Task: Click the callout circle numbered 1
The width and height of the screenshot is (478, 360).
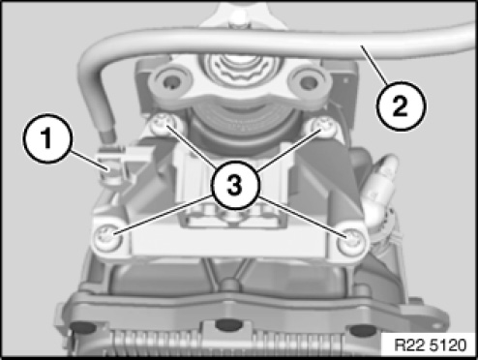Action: (46, 138)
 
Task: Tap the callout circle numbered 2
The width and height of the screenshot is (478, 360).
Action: (401, 105)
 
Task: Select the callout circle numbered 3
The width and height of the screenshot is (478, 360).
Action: (235, 185)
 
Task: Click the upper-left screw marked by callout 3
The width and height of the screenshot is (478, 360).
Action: (163, 124)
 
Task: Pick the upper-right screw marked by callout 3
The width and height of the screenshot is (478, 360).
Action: (322, 127)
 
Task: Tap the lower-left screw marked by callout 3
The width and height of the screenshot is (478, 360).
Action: (107, 239)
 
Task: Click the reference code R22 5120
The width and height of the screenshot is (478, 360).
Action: (431, 345)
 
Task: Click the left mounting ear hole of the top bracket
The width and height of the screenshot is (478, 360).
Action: (170, 82)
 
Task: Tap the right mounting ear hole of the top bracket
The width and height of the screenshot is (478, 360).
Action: (308, 82)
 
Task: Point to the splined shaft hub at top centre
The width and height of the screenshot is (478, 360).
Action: (238, 66)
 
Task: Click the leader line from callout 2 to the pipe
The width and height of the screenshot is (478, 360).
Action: (373, 64)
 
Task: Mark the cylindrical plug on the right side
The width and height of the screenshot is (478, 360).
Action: (380, 187)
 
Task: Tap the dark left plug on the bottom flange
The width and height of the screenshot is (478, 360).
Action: (83, 327)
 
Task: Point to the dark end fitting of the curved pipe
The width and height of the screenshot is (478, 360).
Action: (107, 135)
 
